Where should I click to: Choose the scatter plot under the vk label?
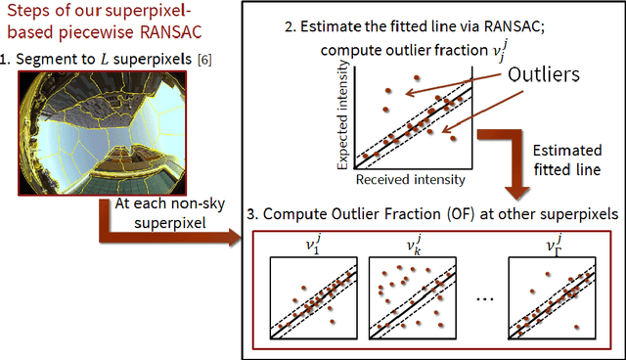coord(407,297)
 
